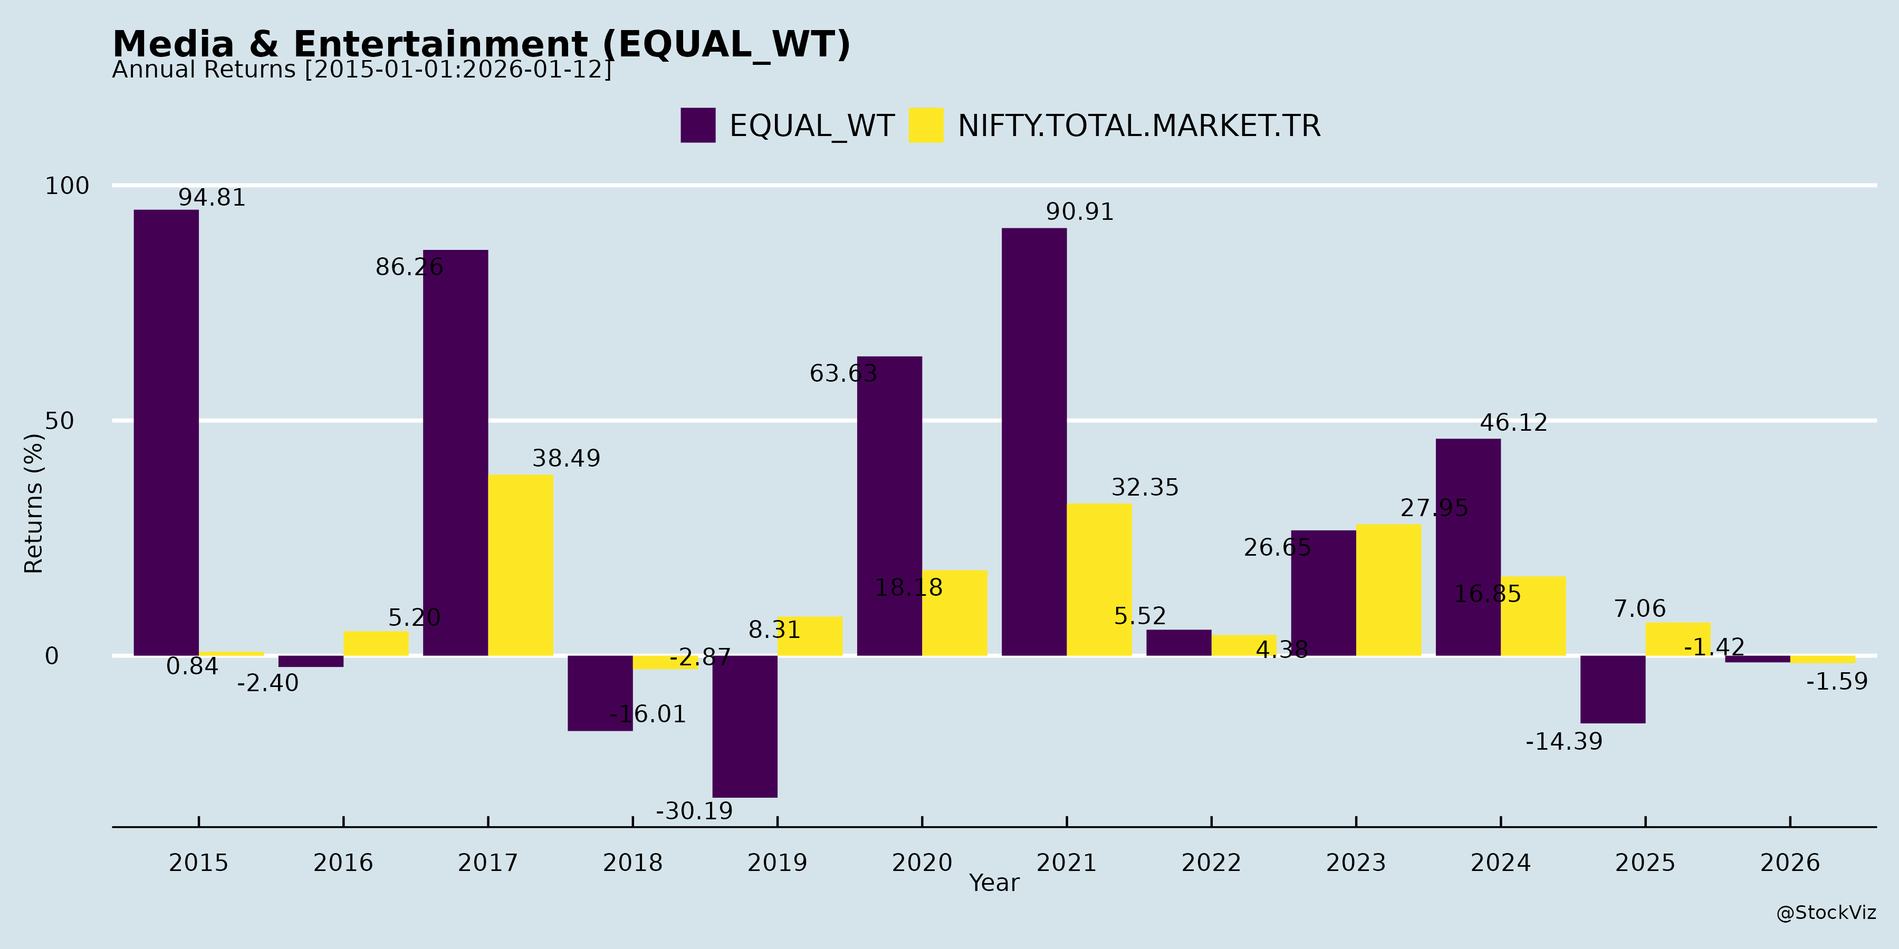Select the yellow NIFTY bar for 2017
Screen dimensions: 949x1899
521,564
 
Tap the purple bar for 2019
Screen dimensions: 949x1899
744,726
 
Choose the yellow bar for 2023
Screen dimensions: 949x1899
1388,589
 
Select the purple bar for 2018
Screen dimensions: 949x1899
600,693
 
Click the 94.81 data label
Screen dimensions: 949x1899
212,198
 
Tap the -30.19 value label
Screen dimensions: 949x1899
694,811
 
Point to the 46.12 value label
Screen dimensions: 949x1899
1513,423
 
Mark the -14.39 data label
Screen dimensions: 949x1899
1564,741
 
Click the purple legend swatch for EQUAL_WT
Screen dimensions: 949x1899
697,125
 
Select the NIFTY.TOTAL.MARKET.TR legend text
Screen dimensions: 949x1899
1139,126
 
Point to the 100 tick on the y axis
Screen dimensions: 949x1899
67,186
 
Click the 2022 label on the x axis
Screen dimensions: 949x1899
1211,862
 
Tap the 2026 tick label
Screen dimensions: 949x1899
1790,862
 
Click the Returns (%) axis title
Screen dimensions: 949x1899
34,503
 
